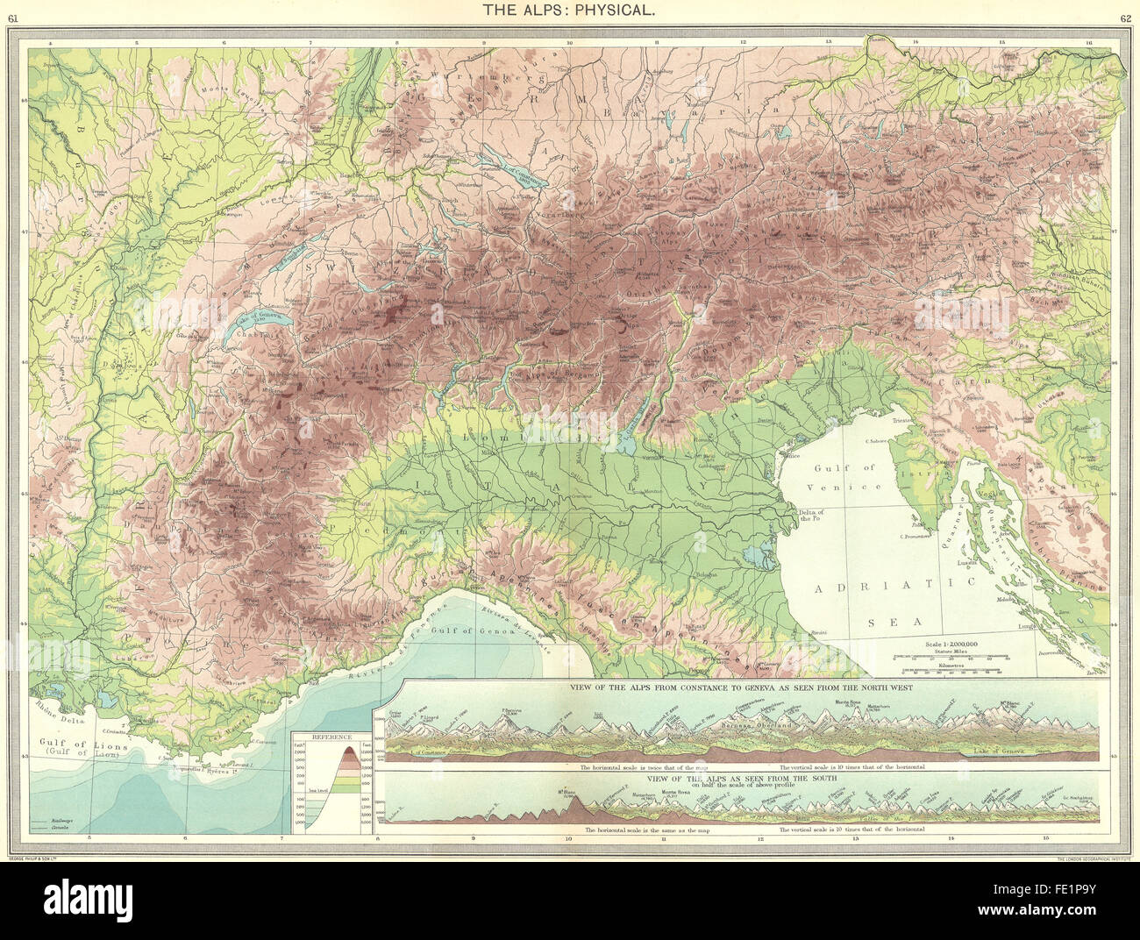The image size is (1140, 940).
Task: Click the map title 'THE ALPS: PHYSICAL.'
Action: (570, 11)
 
